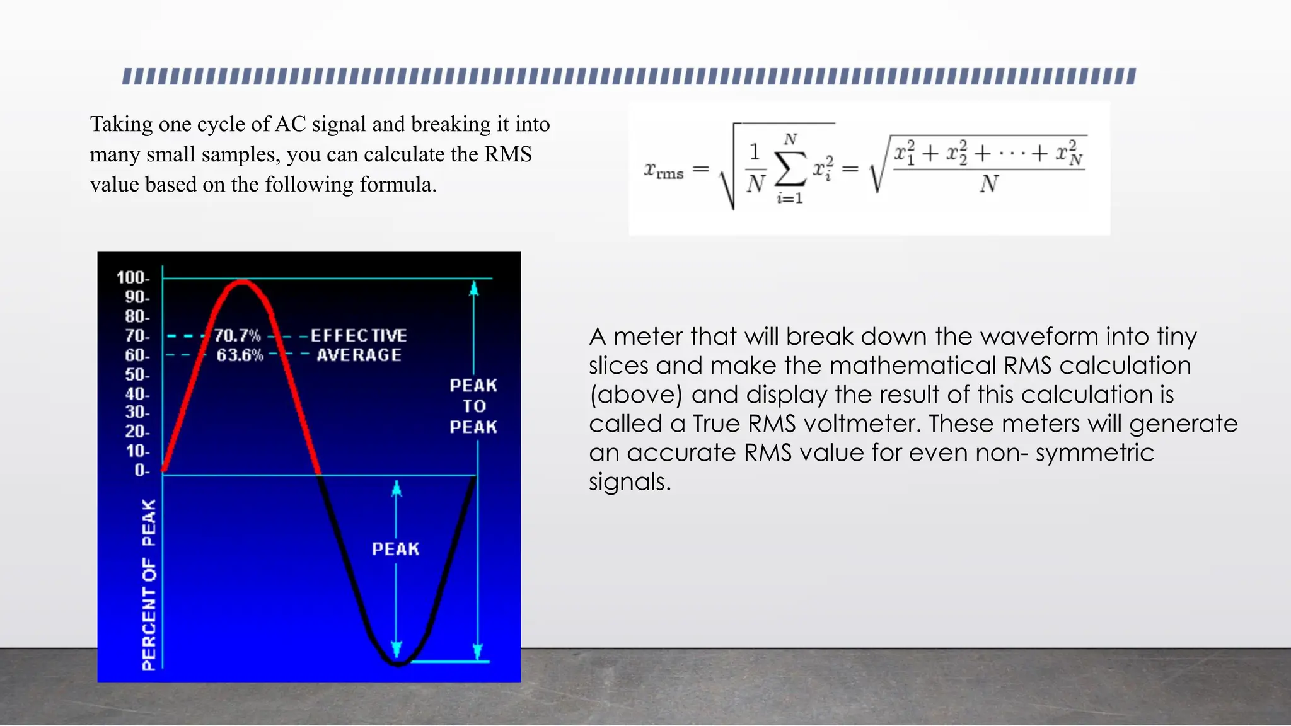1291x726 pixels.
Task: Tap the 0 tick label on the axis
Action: (x=142, y=470)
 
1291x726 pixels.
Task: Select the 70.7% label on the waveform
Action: (x=237, y=335)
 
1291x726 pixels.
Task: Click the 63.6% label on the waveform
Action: (x=240, y=355)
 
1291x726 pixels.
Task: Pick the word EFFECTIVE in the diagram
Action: (x=359, y=335)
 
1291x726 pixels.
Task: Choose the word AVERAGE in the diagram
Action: (x=359, y=355)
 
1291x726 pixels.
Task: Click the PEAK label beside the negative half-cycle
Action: (x=395, y=549)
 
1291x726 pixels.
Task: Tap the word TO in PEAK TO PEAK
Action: (x=474, y=406)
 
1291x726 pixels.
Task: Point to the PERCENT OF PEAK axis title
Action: (x=149, y=584)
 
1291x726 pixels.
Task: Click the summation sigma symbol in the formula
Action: (x=790, y=168)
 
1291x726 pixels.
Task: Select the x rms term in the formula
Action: (x=663, y=170)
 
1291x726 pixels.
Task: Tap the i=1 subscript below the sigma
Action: (x=790, y=198)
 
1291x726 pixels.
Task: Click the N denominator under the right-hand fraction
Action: (x=988, y=184)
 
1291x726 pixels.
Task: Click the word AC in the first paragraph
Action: (x=290, y=124)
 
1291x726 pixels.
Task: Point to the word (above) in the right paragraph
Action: (x=636, y=395)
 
